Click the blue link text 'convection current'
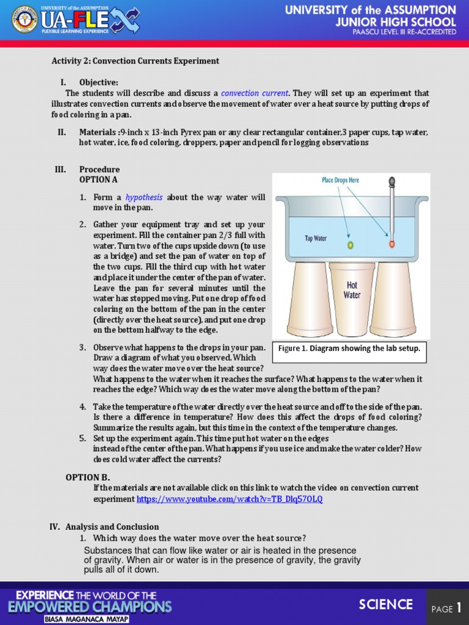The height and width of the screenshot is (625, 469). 255,93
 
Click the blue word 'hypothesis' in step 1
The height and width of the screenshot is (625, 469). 144,197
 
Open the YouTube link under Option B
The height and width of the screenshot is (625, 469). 230,499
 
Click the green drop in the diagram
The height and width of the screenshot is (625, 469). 351,245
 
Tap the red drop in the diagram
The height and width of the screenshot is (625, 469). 391,244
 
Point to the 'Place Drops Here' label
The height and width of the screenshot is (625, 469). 340,180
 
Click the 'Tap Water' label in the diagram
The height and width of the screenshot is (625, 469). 316,238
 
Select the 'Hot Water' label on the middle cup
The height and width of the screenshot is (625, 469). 352,290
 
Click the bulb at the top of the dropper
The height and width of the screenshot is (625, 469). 391,182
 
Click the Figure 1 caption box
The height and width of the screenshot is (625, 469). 349,349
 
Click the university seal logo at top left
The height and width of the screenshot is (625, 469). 24,20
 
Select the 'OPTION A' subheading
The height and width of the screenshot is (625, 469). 98,180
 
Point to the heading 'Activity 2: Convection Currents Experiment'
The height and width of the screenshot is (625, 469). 135,61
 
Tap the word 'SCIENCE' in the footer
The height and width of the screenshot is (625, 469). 385,604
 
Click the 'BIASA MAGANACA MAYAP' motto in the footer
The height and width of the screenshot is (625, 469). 87,618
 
